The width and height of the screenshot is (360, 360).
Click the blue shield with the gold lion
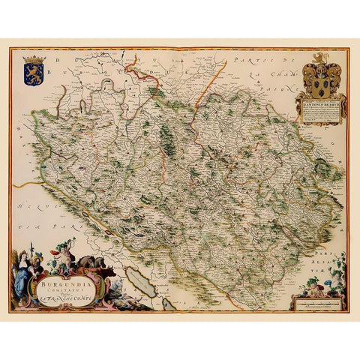[34, 73]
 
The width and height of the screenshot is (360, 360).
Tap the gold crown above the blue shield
[34, 59]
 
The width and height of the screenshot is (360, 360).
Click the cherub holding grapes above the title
[66, 250]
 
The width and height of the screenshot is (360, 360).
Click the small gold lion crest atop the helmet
[321, 55]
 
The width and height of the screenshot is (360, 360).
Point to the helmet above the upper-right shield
[321, 65]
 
